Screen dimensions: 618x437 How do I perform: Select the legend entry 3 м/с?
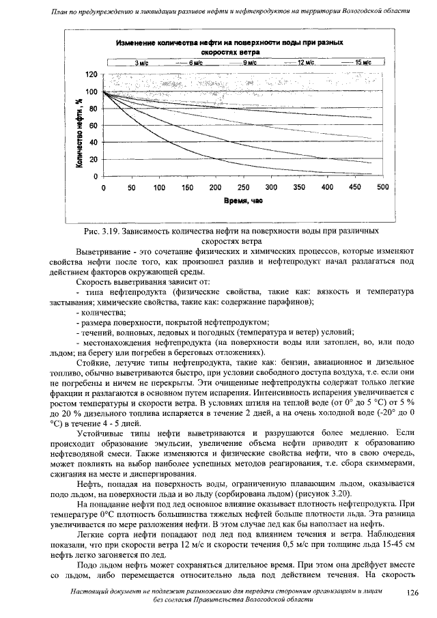pyautogui.click(x=141, y=62)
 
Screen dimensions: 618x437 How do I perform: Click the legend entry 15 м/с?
pyautogui.click(x=362, y=62)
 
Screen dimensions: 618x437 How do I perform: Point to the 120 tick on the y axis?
pyautogui.click(x=90, y=74)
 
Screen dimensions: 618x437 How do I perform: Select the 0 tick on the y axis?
pyautogui.click(x=96, y=176)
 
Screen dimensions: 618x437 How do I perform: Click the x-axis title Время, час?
pyautogui.click(x=242, y=202)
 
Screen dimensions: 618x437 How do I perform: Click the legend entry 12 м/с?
pyautogui.click(x=305, y=62)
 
